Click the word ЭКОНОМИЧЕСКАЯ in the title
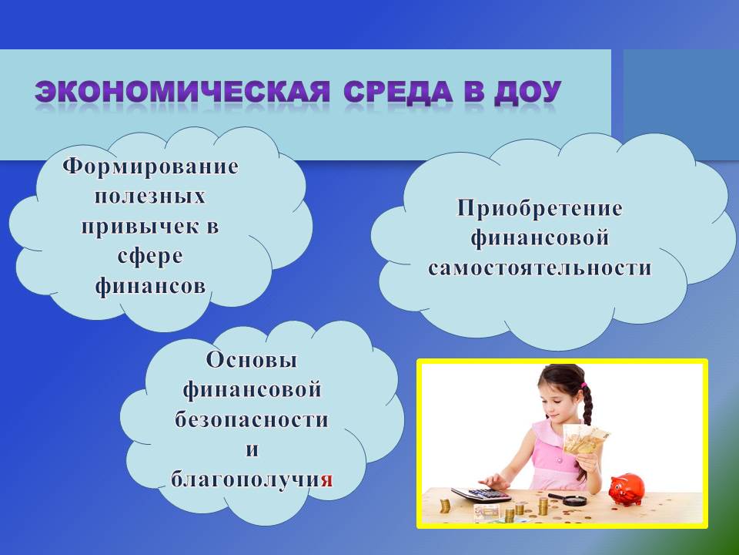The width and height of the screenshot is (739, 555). point(182,92)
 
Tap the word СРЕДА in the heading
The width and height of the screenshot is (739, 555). point(398,92)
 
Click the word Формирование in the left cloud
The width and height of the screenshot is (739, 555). point(150,167)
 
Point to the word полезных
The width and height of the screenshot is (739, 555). point(150,197)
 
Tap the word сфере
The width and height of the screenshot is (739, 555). point(150,257)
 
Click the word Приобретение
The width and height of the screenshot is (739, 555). point(540,209)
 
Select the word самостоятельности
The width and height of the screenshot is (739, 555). point(540,268)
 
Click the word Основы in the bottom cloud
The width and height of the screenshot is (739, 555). point(252,360)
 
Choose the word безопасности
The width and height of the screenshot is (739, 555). point(252,419)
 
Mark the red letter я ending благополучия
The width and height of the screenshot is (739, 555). point(327,480)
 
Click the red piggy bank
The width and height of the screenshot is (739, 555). point(626,490)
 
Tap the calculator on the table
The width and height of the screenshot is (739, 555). point(480,495)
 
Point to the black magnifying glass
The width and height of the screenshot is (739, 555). point(568,499)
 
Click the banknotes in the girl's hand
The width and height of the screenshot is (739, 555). point(585,439)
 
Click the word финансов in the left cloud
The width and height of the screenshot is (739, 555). point(150,287)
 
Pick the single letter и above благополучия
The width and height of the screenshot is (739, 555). point(252,449)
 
